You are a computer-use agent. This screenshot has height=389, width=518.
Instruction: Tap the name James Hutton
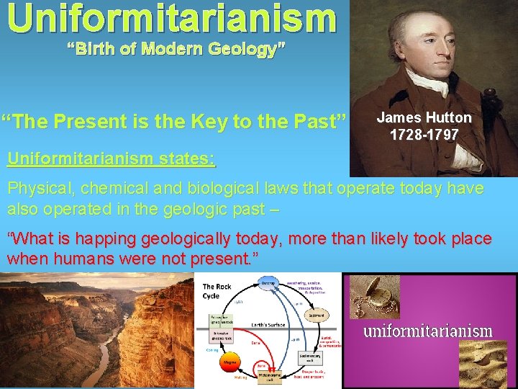click(x=424, y=117)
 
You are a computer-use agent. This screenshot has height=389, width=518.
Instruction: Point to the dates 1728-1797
click(x=424, y=135)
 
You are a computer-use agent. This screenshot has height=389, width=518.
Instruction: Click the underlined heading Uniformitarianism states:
click(x=111, y=158)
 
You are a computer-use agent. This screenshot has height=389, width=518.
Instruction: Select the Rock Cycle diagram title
click(x=217, y=292)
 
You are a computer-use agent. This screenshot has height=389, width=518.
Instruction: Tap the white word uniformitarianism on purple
click(x=427, y=331)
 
